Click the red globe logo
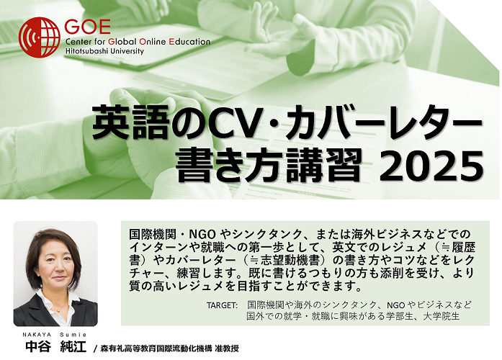click(39, 37)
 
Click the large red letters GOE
click(87, 27)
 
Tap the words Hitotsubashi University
click(104, 51)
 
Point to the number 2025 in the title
click(431, 166)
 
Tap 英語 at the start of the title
click(130, 123)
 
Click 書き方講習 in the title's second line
click(269, 166)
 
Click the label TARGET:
click(222, 305)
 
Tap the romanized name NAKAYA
click(37, 335)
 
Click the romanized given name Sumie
click(73, 335)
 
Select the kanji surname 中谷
click(38, 346)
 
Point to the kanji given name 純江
click(73, 346)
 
